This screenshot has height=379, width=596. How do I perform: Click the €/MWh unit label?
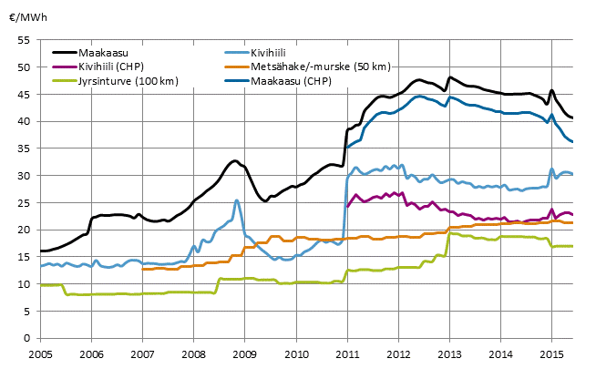point(26,16)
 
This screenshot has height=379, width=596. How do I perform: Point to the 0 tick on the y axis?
point(27,338)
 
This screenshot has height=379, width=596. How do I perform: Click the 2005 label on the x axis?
point(40,353)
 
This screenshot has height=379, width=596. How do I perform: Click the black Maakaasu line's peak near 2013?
point(450,77)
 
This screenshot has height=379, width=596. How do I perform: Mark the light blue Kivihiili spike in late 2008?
point(237,200)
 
